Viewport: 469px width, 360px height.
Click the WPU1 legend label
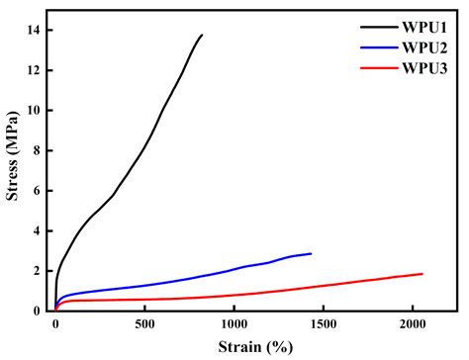(423, 27)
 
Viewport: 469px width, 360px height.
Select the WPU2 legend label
(423, 46)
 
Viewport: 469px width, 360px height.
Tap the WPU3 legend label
(423, 66)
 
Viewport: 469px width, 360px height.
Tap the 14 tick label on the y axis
(35, 31)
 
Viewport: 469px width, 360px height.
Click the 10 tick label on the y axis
(35, 111)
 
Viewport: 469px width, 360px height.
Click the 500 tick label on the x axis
(144, 324)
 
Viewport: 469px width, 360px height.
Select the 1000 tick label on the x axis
(234, 324)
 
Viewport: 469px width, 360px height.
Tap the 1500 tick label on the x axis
(324, 324)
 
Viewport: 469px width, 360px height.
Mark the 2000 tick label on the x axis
(414, 324)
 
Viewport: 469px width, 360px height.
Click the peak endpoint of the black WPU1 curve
(202, 36)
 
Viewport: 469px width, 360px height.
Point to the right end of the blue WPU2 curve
(312, 253)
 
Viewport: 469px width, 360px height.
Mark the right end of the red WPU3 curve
(422, 274)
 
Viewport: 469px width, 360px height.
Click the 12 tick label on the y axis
(35, 71)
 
